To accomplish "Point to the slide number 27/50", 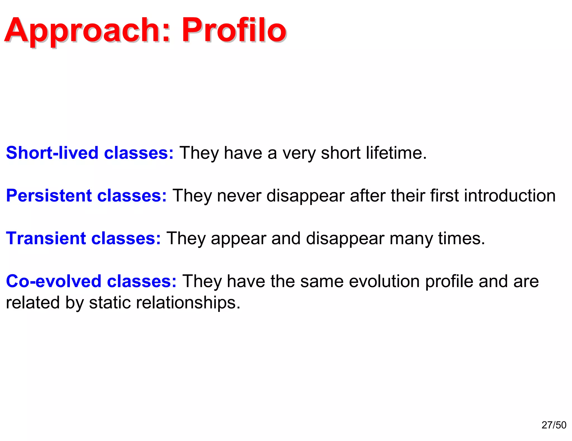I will pos(554,425).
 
